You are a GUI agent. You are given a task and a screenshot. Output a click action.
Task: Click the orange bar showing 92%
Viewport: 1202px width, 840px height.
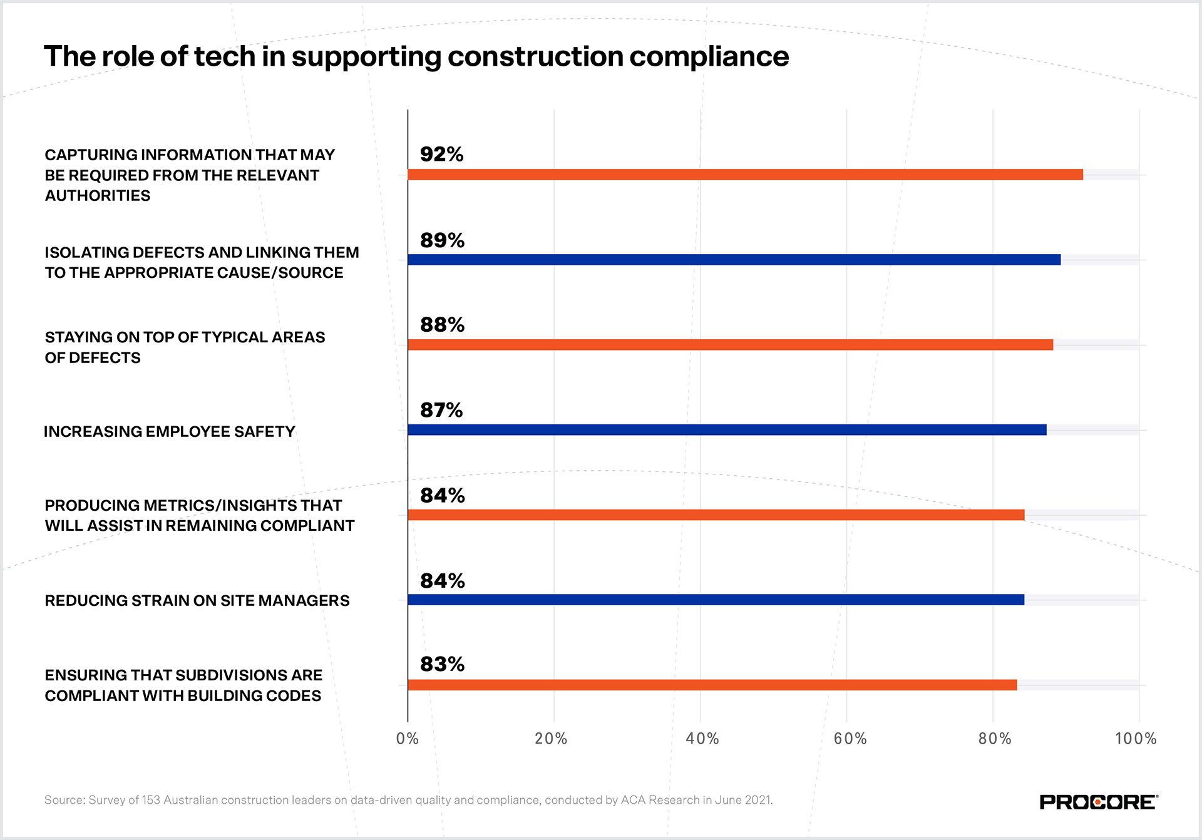pos(745,175)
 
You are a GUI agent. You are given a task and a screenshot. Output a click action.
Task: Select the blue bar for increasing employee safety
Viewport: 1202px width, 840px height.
pos(726,430)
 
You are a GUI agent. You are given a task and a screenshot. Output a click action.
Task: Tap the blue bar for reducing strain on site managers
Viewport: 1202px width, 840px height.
pos(716,600)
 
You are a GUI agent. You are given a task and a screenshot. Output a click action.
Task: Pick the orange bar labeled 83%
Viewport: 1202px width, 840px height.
pos(712,685)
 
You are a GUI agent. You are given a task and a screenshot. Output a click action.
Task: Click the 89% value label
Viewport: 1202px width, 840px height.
pos(442,240)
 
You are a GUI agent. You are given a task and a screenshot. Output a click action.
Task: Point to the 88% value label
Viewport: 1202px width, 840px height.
pos(442,325)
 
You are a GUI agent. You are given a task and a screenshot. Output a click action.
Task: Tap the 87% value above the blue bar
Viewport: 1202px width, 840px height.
pos(441,410)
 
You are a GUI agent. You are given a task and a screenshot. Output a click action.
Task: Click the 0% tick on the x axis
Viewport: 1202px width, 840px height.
pos(408,739)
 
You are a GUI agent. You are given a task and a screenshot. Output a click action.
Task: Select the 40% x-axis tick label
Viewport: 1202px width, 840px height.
pos(702,739)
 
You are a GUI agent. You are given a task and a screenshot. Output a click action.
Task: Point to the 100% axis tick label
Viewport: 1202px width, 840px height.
pos(1136,739)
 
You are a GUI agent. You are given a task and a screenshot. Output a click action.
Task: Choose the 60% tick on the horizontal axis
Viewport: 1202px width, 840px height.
pos(850,739)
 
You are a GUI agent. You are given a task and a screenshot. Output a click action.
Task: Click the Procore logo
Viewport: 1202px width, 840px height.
pos(1099,802)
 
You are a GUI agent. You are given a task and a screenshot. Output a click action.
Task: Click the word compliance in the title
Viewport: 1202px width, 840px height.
pos(709,57)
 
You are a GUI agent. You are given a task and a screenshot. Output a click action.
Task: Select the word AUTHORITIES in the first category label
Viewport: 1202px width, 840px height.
pos(98,196)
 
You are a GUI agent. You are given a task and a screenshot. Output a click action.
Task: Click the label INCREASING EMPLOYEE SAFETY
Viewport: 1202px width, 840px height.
pos(169,431)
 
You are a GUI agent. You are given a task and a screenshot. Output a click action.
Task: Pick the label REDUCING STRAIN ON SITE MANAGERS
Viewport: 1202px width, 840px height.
pos(197,601)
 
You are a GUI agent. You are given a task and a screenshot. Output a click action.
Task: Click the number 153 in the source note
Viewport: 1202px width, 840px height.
pos(151,800)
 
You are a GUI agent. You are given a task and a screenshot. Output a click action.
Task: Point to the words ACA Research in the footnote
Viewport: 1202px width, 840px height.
pos(660,800)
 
